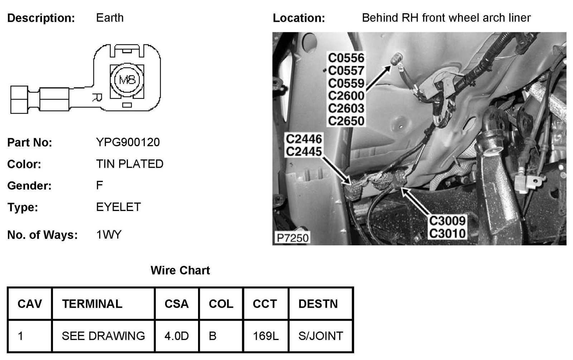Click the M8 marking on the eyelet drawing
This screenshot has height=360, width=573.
[127, 80]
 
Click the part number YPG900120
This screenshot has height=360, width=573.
[128, 142]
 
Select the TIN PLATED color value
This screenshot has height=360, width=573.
[130, 164]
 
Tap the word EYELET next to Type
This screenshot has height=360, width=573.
[119, 207]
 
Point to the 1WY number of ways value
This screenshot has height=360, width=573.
[109, 235]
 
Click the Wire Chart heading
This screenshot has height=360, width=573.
[180, 270]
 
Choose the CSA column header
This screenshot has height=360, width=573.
[177, 304]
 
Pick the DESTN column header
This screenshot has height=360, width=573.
[318, 304]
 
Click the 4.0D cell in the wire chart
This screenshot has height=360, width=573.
[177, 336]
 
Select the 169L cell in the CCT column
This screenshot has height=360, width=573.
[265, 336]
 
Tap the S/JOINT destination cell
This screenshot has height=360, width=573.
[321, 336]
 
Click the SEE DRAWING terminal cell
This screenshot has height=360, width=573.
[103, 336]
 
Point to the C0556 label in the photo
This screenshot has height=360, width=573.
[346, 58]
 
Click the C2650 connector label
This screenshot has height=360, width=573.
[346, 121]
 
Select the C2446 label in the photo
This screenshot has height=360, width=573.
[304, 139]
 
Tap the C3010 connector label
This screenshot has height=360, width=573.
[447, 233]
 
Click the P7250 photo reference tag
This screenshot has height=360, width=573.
[293, 237]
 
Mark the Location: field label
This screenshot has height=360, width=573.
[299, 18]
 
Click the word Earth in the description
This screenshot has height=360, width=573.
[110, 18]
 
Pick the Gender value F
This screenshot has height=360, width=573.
[99, 185]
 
